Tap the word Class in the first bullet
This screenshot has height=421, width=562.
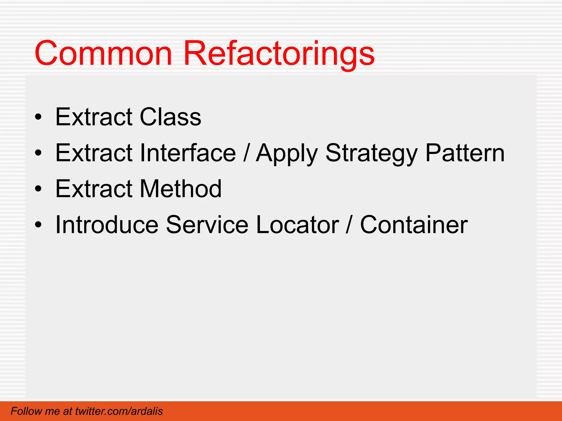click(170, 117)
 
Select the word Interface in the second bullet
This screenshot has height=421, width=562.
click(188, 153)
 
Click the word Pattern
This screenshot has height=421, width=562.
click(465, 153)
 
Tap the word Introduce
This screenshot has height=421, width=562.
click(107, 225)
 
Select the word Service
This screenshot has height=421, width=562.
click(207, 225)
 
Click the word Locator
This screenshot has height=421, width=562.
click(297, 225)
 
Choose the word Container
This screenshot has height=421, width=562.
click(414, 225)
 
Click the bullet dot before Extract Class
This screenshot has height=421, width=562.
click(38, 117)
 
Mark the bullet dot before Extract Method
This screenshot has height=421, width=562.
click(38, 189)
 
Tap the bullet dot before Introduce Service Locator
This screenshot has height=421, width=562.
click(38, 225)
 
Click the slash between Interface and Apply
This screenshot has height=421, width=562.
click(246, 153)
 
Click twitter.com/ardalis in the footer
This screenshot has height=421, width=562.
click(119, 411)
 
